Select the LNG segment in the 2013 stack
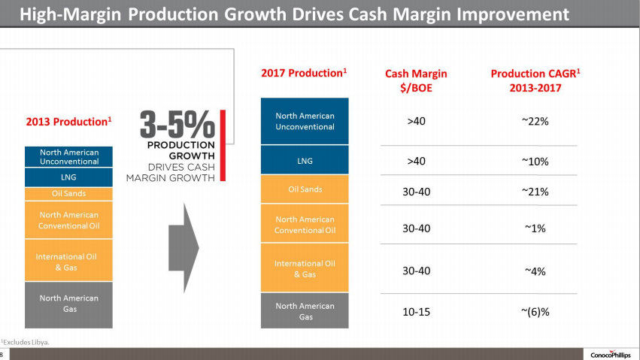coord(68,177)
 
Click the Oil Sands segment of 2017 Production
coord(305,189)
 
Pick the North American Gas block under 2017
coord(305,310)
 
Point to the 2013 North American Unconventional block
coord(68,156)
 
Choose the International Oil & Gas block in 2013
coord(68,262)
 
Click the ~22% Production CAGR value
coord(535,120)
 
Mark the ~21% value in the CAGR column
coord(535,192)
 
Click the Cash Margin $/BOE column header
coord(416,80)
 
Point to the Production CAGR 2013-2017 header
coord(535,80)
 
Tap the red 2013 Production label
coord(69,120)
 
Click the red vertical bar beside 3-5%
coord(223,147)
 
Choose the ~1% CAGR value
coord(535,228)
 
